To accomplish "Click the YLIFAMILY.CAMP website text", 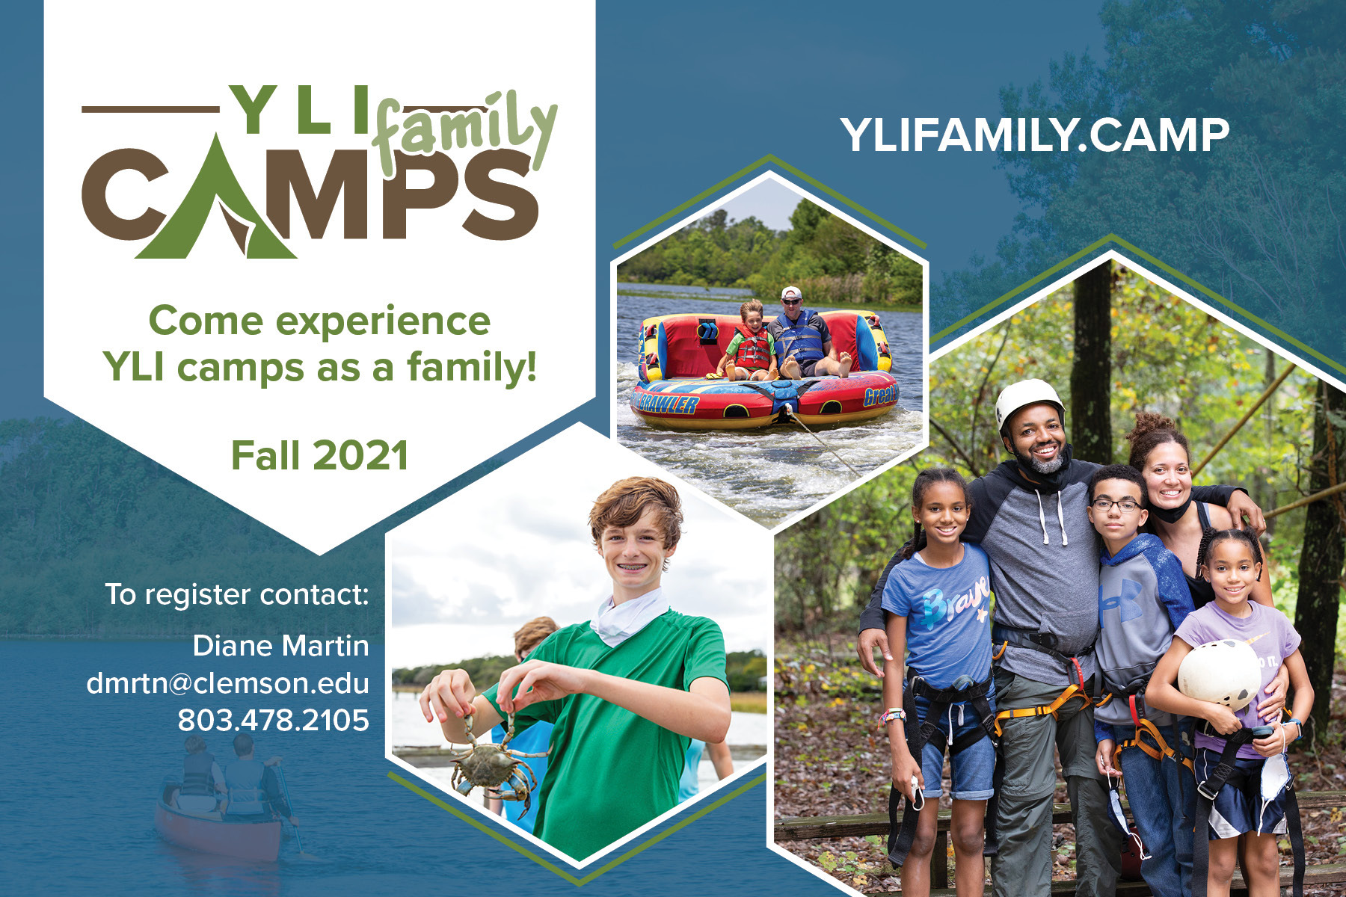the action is (x=1035, y=135).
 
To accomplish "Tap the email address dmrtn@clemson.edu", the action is (x=228, y=683).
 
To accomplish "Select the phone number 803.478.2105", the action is (x=274, y=721).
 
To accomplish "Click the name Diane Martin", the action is (x=281, y=646).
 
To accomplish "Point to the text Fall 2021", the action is (x=320, y=456).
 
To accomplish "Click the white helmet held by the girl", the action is (x=1219, y=673).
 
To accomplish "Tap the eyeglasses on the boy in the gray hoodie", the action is (x=1116, y=505).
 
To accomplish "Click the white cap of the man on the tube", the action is (x=791, y=292).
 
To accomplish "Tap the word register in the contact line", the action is (x=197, y=596).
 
